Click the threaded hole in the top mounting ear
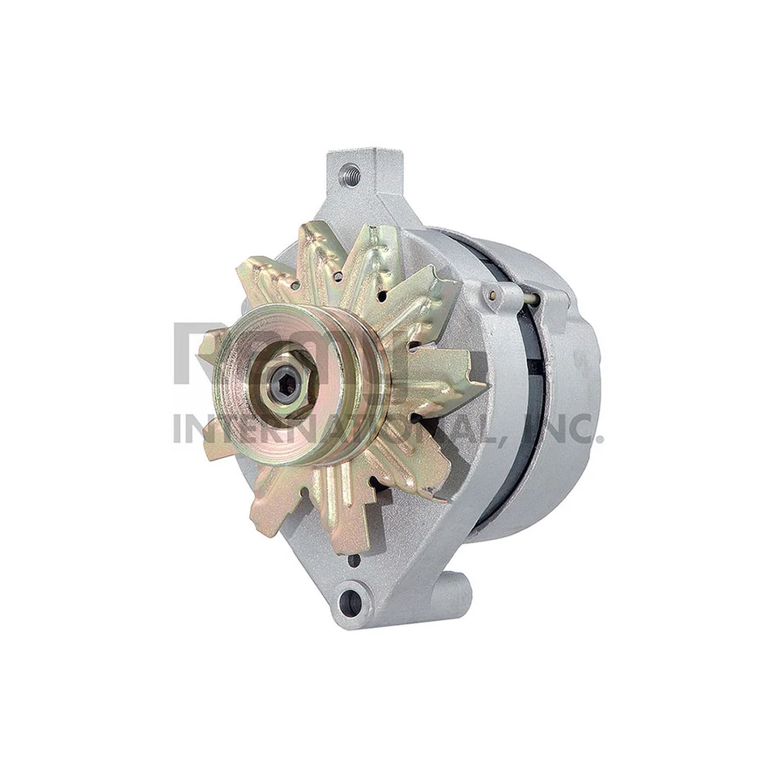click(x=351, y=172)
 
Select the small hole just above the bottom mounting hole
click(x=353, y=559)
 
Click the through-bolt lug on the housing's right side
click(x=495, y=298)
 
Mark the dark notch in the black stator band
click(x=535, y=364)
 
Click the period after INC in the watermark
click(x=600, y=439)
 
